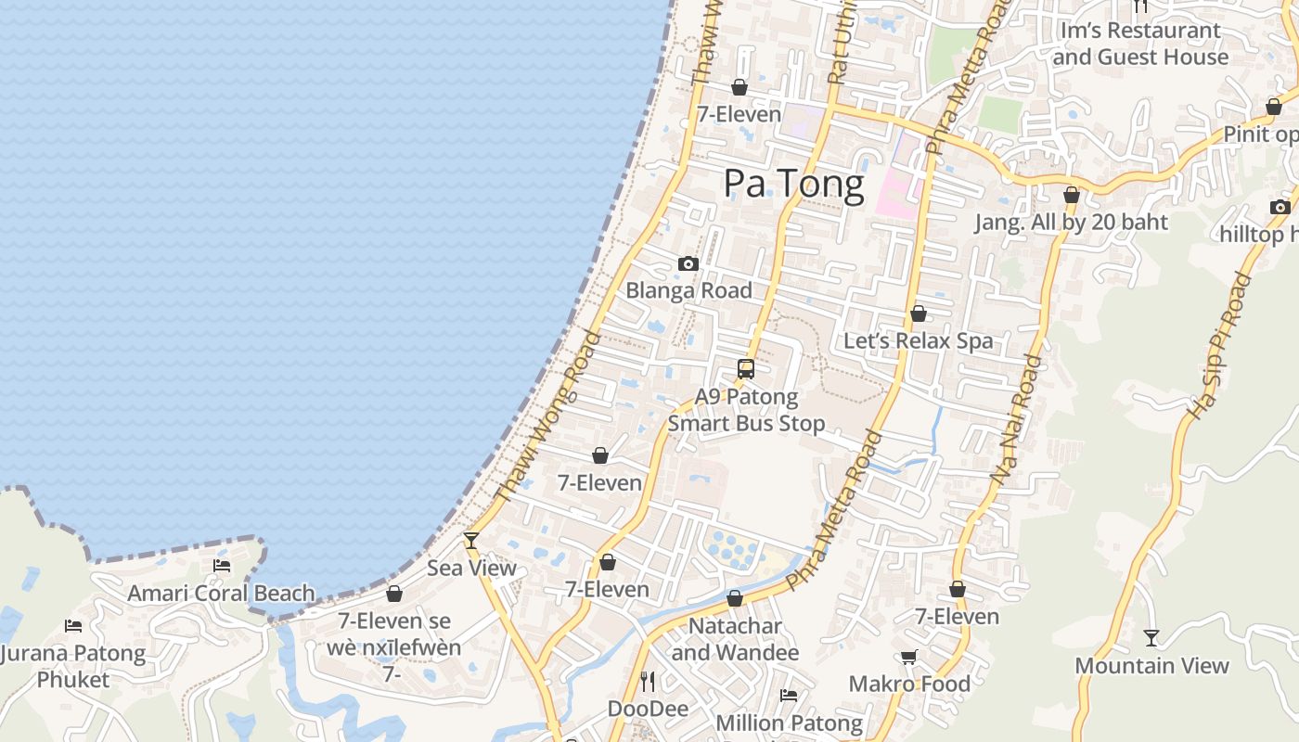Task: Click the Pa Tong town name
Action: point(793,184)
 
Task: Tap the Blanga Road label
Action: point(688,290)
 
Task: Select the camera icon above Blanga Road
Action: point(688,264)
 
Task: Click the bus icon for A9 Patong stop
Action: point(746,369)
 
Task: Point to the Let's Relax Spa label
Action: point(918,340)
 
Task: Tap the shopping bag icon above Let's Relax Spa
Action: point(918,314)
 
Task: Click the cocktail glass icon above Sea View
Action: point(471,540)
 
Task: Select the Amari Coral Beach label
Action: point(221,593)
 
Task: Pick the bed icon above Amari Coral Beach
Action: point(222,565)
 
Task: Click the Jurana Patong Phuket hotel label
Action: point(73,666)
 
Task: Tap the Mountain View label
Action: point(1151,665)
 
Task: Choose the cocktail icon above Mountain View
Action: point(1151,637)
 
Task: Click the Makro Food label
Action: point(909,684)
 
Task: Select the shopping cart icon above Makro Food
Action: point(909,658)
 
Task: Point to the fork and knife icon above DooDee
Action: point(648,682)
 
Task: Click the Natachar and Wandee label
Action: point(735,639)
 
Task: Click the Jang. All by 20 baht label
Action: point(1071,223)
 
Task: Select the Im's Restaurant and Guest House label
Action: point(1140,44)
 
